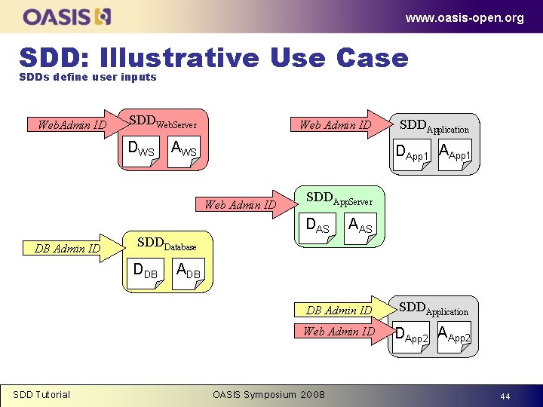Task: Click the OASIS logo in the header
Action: (68, 16)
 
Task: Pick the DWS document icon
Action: (142, 151)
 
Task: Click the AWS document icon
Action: (183, 151)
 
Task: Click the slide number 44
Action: (505, 396)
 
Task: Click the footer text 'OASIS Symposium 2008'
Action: (269, 394)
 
